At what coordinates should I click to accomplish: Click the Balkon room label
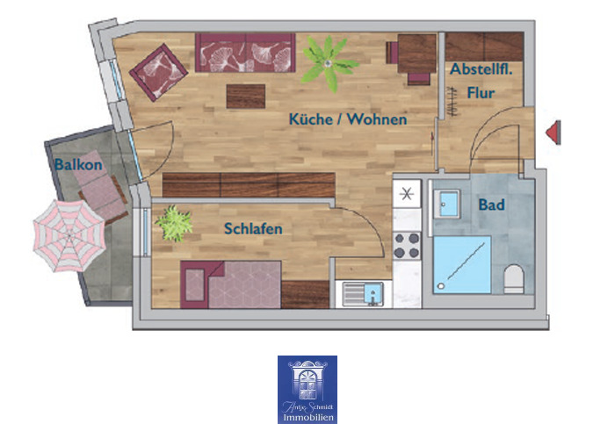pyautogui.click(x=78, y=164)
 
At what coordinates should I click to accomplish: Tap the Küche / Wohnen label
pyautogui.click(x=348, y=119)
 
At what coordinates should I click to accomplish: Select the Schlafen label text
pyautogui.click(x=253, y=229)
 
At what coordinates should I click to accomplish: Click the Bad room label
pyautogui.click(x=491, y=205)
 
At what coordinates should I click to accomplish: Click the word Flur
pyautogui.click(x=481, y=91)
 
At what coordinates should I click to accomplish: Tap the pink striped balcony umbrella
pyautogui.click(x=69, y=234)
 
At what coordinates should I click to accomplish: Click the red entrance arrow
pyautogui.click(x=554, y=133)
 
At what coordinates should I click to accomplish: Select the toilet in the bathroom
pyautogui.click(x=515, y=281)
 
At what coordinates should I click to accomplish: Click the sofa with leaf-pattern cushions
pyautogui.click(x=245, y=54)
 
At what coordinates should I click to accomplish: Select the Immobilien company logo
pyautogui.click(x=307, y=389)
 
